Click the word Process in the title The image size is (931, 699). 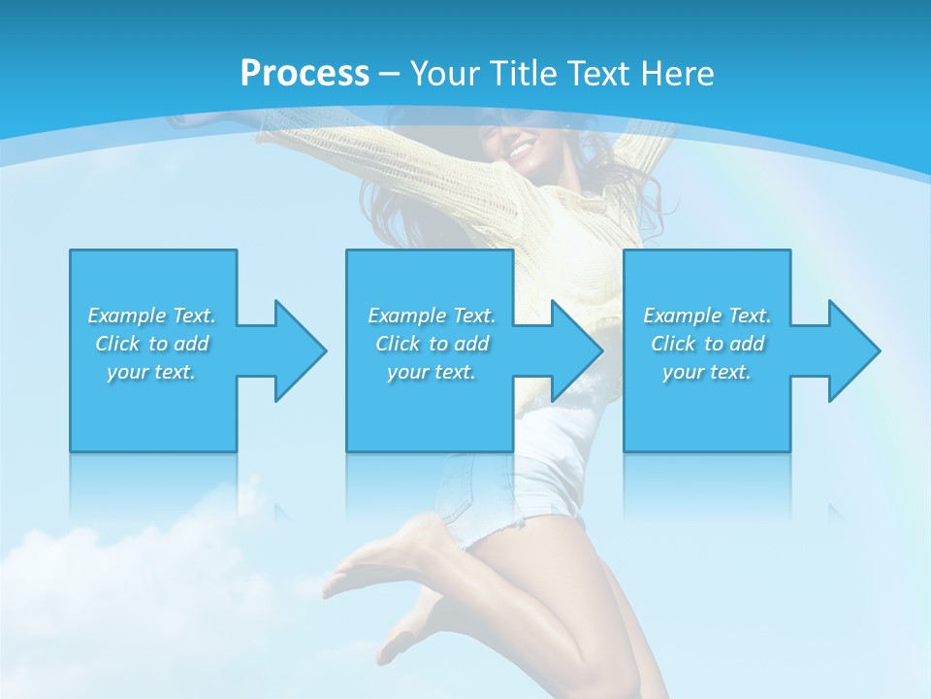(x=305, y=74)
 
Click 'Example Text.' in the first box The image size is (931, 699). (x=151, y=316)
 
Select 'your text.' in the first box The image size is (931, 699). (x=151, y=372)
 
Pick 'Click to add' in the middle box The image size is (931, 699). (x=432, y=344)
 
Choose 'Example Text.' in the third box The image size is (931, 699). (x=707, y=316)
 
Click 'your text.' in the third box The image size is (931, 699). (x=707, y=372)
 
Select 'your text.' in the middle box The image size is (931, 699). (x=432, y=372)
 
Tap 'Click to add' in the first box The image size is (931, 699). (x=151, y=344)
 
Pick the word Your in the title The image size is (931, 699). (x=442, y=74)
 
